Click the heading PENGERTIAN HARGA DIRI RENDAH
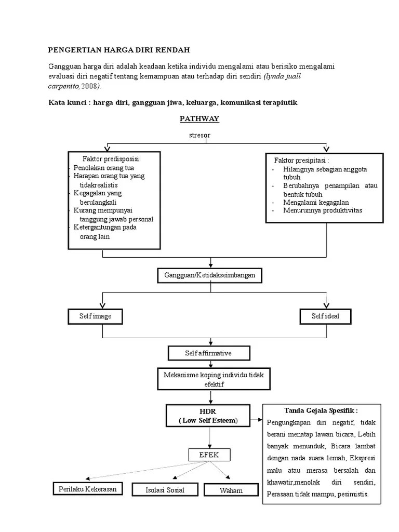[x=119, y=50]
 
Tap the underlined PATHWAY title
[x=199, y=119]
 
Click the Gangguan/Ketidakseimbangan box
[x=210, y=275]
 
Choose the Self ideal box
[x=325, y=316]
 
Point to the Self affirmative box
[x=209, y=353]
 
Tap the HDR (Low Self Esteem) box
[x=210, y=416]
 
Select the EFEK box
[x=209, y=455]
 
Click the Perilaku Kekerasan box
[x=87, y=489]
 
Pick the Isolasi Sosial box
[x=164, y=490]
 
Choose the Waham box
[x=231, y=490]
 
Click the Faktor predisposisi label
[x=111, y=158]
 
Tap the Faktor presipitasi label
[x=301, y=160]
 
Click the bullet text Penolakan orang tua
[x=103, y=167]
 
